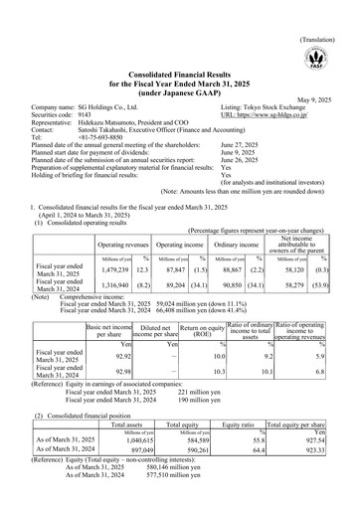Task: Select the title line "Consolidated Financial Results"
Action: pos(180,64)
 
